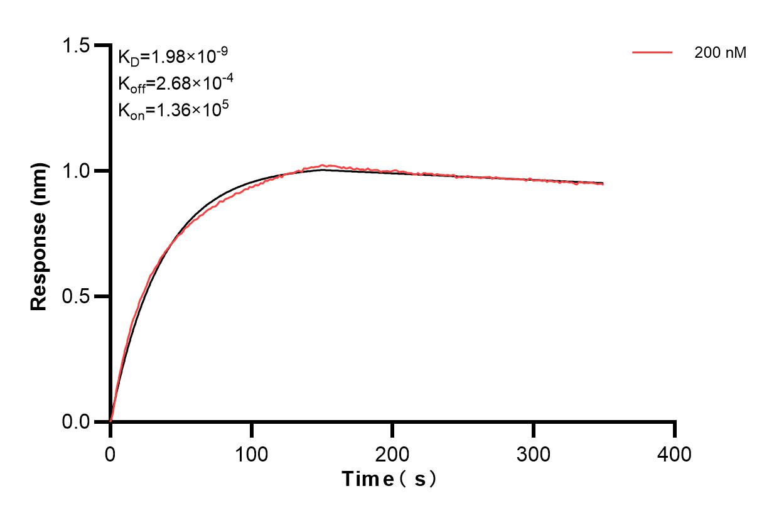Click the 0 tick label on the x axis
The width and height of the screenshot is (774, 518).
click(x=110, y=453)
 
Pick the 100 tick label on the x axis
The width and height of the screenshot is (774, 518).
click(x=252, y=453)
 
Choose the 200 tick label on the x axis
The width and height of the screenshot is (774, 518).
click(x=392, y=453)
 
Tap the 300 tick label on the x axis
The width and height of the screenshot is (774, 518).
click(x=534, y=453)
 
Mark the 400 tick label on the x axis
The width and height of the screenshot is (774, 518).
click(x=675, y=453)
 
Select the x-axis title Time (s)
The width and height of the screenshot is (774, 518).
click(x=389, y=480)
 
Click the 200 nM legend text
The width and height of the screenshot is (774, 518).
click(x=720, y=53)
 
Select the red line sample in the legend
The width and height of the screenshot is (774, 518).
click(x=653, y=53)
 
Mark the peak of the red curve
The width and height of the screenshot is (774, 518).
click(x=323, y=166)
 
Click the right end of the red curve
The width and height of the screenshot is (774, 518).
click(x=603, y=184)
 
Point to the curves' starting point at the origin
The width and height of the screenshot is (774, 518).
click(x=110, y=421)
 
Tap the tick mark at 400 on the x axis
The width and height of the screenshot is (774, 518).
click(x=675, y=429)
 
